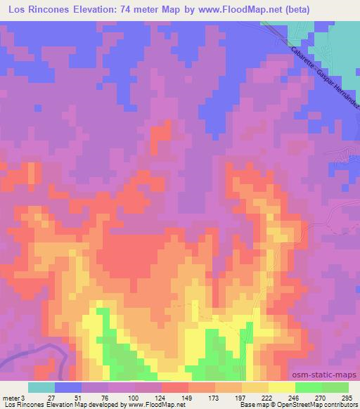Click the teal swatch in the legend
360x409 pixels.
41,387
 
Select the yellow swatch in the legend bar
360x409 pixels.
281,387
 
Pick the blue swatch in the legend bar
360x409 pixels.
68,387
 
